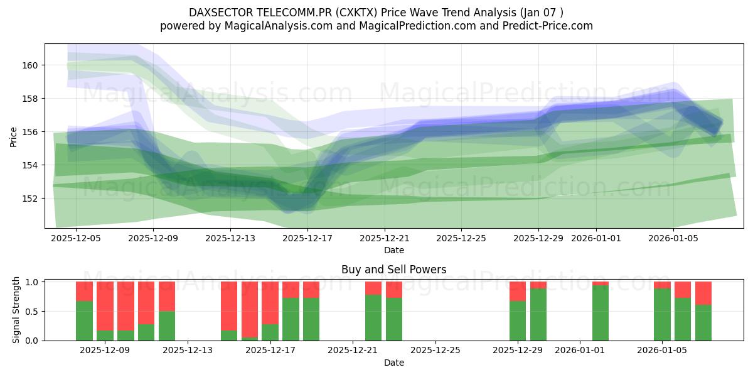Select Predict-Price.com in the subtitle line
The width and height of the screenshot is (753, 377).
pos(550,26)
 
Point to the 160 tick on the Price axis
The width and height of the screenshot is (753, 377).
pos(31,65)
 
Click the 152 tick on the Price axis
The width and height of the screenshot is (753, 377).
pos(31,199)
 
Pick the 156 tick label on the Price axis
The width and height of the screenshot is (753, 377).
pos(31,132)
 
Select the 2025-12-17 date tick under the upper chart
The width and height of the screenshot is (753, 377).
pos(307,238)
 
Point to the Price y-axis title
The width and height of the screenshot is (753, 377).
pos(14,136)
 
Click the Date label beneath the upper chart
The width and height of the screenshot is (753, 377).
pos(394,250)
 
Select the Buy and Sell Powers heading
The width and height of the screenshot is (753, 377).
pos(394,270)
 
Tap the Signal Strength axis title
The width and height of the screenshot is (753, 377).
pos(16,310)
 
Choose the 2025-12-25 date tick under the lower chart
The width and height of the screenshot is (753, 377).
pos(435,351)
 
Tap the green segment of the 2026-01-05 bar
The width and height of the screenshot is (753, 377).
pos(662,314)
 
